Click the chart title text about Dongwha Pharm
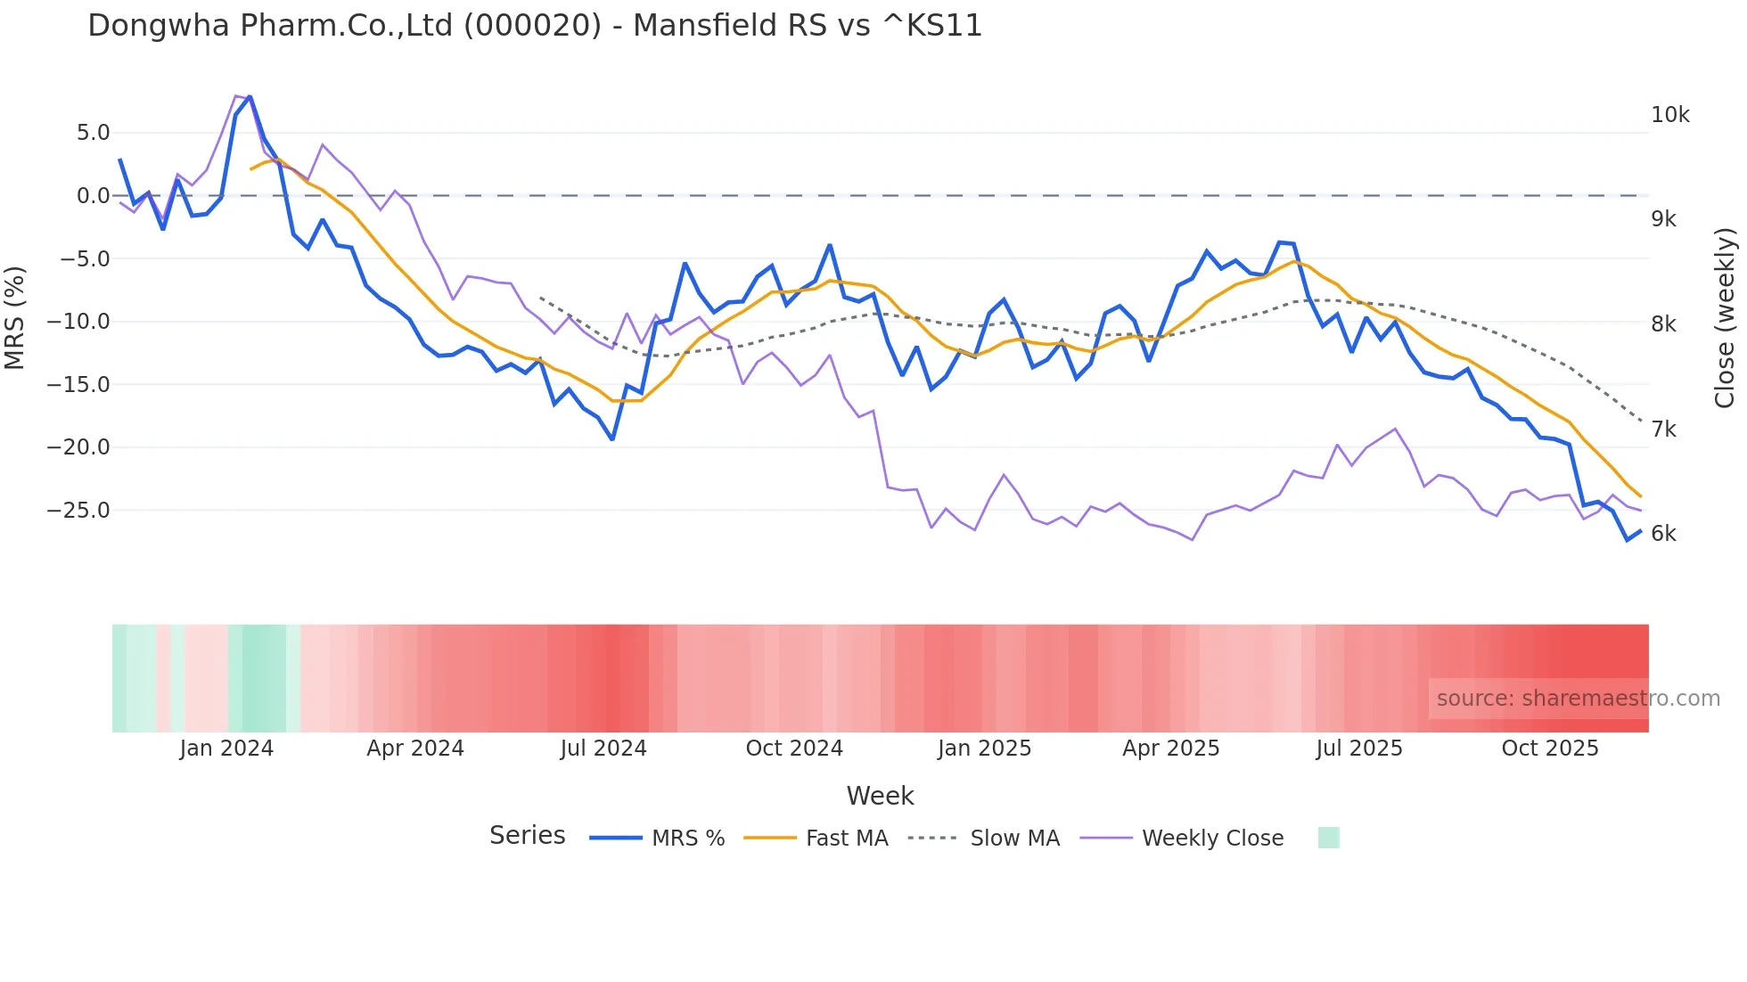[x=535, y=26]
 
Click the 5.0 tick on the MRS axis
[x=93, y=133]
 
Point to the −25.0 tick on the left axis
[x=78, y=511]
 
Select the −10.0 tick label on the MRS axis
[x=78, y=322]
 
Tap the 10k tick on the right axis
[x=1669, y=115]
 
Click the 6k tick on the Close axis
[x=1663, y=534]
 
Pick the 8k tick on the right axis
[x=1663, y=324]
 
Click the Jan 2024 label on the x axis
[x=226, y=749]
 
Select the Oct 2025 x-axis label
[x=1550, y=749]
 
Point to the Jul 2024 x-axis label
[x=603, y=749]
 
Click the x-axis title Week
[x=880, y=796]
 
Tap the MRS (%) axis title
[x=14, y=317]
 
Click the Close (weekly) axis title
[x=1725, y=317]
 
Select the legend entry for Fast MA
[x=846, y=839]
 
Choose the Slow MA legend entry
[x=1014, y=839]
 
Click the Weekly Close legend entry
[x=1212, y=839]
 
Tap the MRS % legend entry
[x=687, y=839]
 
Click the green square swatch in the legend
[x=1328, y=838]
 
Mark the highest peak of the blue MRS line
[x=250, y=96]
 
